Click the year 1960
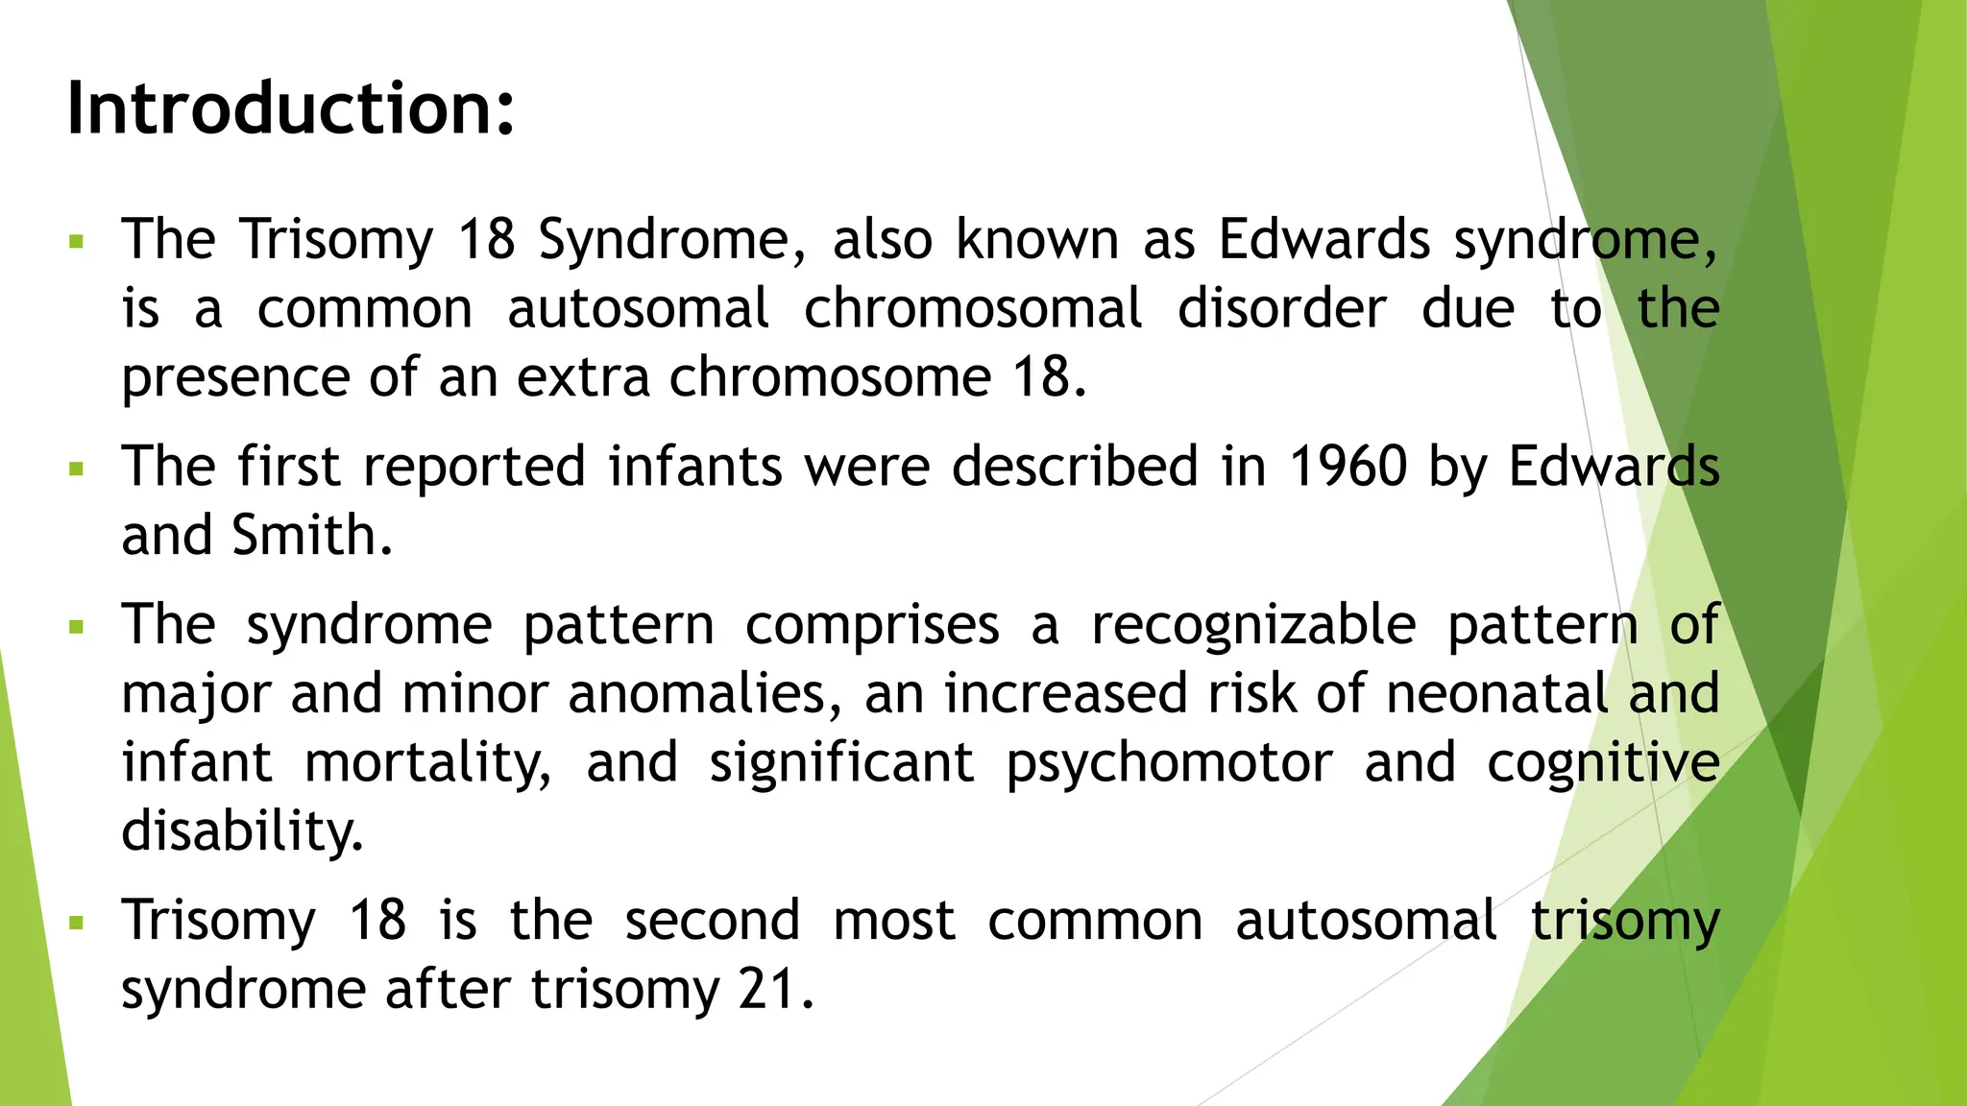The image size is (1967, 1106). pos(1348,467)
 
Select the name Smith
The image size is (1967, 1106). pos(312,535)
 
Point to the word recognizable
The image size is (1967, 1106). pos(1253,625)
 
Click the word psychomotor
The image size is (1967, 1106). pos(1169,762)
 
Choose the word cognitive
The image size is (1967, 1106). pos(1603,762)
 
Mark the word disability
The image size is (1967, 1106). pos(242,830)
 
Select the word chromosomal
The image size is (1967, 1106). pos(972,309)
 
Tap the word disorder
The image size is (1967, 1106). pos(1282,309)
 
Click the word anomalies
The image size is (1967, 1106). pos(704,693)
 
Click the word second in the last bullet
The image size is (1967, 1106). pos(712,920)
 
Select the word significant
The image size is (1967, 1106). pos(841,762)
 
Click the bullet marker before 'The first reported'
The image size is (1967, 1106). pos(77,469)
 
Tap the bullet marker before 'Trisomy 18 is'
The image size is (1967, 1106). pos(77,924)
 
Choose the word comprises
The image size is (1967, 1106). pos(872,625)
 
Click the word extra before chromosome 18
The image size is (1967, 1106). pos(584,376)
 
